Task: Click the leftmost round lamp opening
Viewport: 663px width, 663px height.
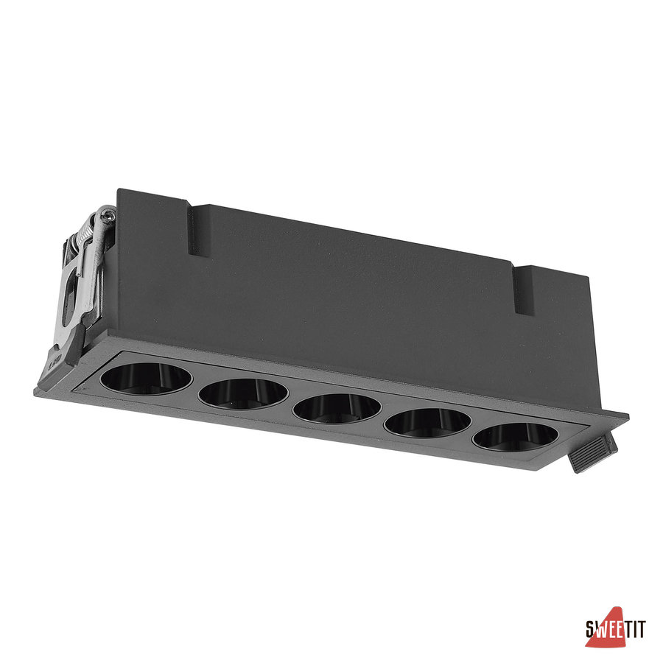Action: pos(146,379)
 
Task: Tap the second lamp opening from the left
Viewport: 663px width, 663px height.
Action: pos(243,393)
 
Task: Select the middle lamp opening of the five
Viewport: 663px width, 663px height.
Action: pos(337,408)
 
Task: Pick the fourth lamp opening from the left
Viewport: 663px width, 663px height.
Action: pos(427,422)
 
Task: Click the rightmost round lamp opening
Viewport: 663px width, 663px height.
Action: pos(516,436)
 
